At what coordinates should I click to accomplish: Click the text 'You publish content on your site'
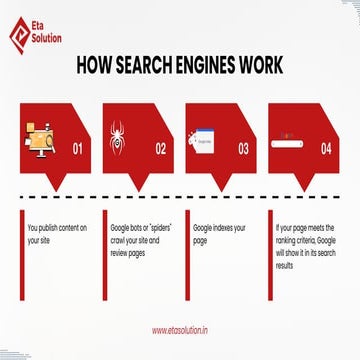click(x=57, y=235)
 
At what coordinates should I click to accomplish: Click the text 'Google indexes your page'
click(x=219, y=235)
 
